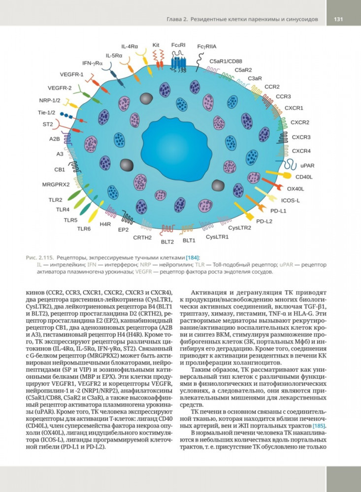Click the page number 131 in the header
338,19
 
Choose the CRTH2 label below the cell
142,238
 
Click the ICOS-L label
291,200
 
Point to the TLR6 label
84,229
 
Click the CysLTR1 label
217,237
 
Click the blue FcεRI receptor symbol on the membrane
178,63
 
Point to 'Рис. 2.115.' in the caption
39,258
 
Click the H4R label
105,224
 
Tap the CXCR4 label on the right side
300,151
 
